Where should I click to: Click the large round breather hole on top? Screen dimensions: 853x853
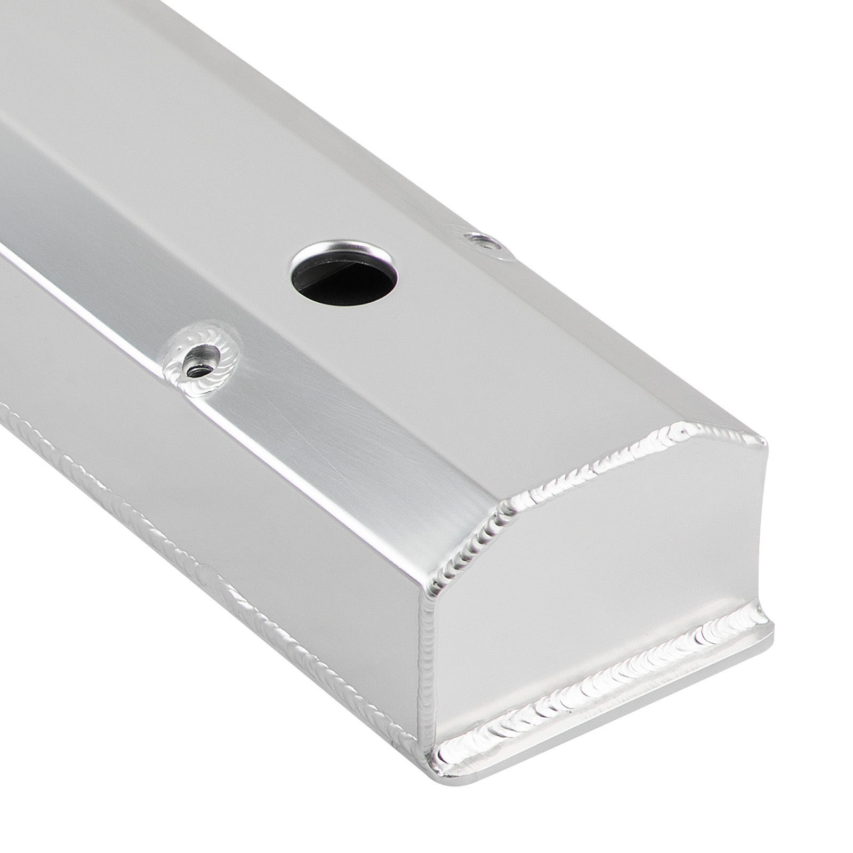344,275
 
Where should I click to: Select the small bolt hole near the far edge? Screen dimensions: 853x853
484,243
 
